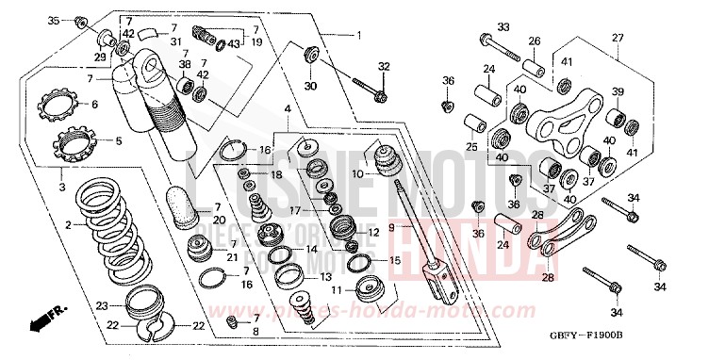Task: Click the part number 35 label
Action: click(53, 20)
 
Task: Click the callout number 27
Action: click(618, 38)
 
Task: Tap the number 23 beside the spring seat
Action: click(102, 303)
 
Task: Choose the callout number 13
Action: click(326, 277)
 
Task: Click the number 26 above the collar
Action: click(534, 41)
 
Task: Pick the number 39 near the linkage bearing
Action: click(618, 91)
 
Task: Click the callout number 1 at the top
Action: click(358, 35)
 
